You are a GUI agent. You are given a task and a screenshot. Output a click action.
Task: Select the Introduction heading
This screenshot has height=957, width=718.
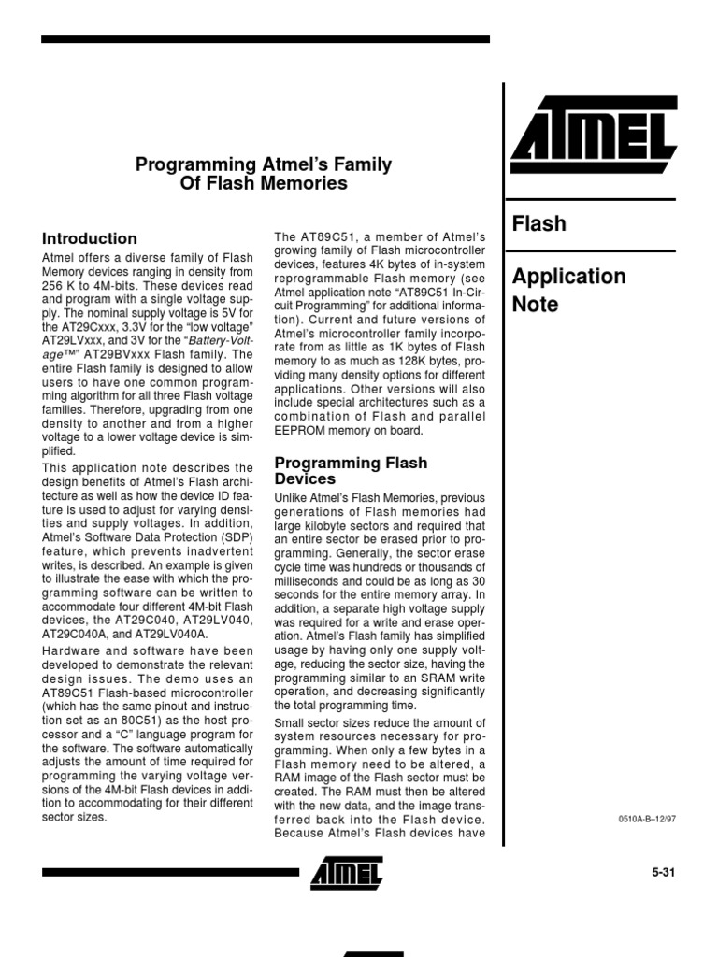tap(90, 238)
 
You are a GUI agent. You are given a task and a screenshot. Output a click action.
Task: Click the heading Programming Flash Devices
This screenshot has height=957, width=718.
tap(350, 471)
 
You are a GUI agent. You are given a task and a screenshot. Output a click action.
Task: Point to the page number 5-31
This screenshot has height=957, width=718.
tap(663, 873)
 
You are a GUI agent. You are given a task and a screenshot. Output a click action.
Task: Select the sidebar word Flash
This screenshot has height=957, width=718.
tap(538, 224)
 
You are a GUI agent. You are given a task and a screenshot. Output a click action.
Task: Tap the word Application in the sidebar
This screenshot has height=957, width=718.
tap(568, 277)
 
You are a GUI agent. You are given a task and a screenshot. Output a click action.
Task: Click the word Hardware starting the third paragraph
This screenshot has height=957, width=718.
tap(70, 651)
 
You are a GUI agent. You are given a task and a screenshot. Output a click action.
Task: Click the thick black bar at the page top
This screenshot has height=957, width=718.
tap(265, 39)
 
